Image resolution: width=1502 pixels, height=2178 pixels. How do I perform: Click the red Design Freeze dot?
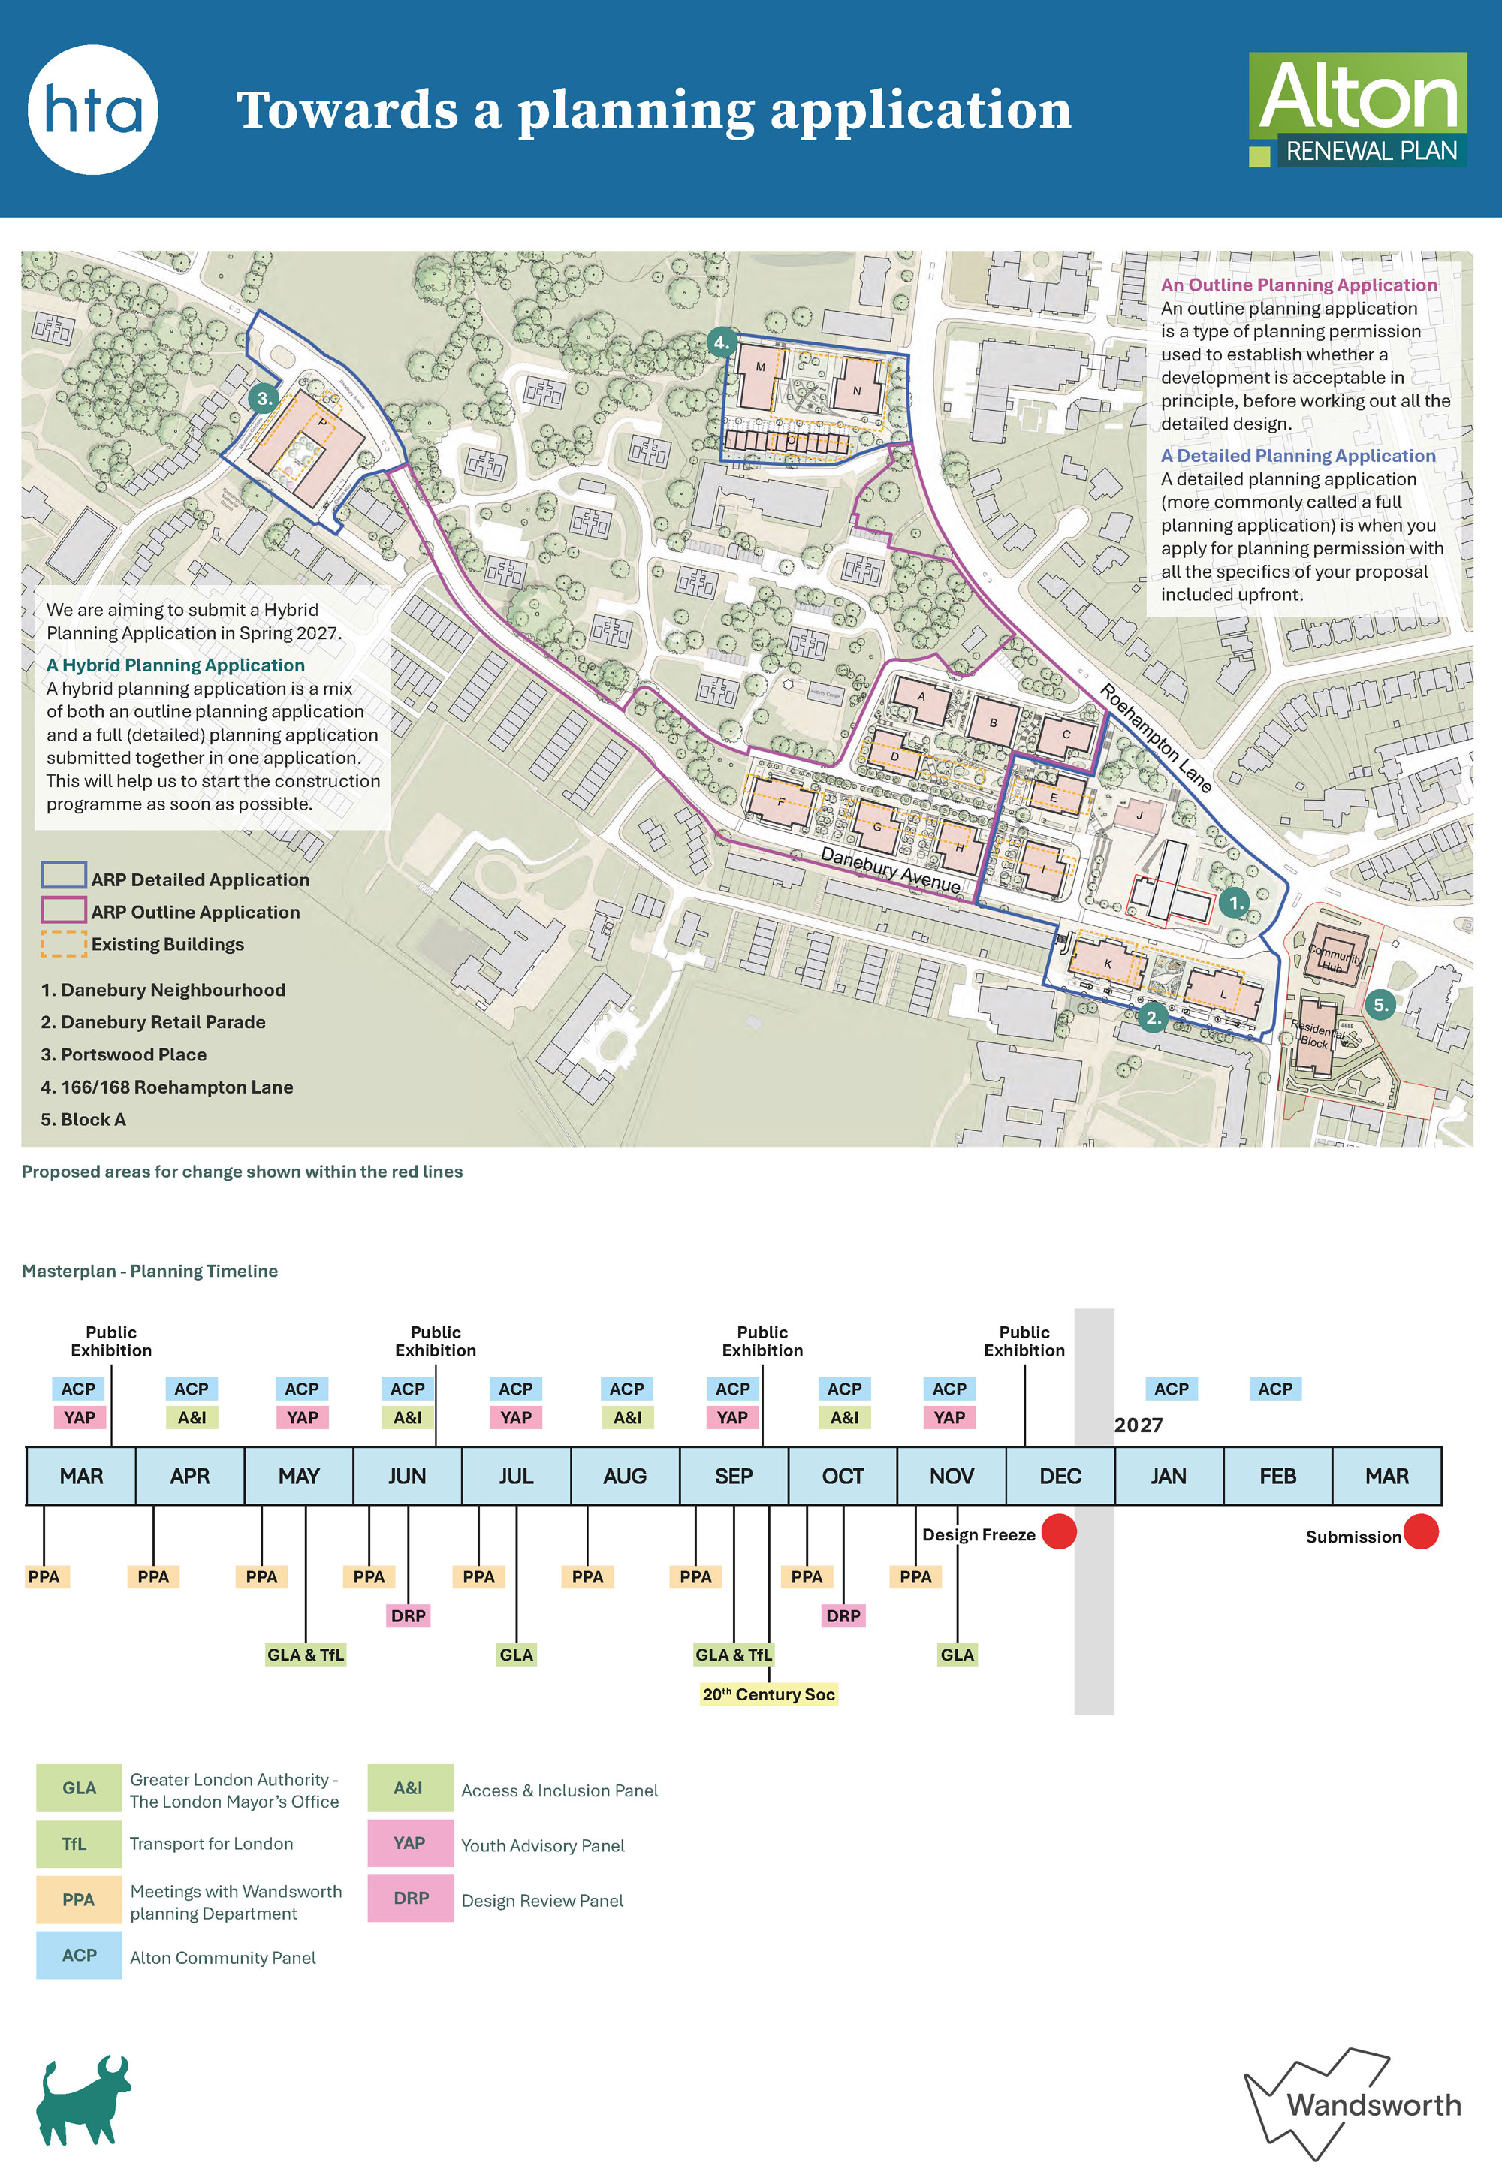[x=1059, y=1531]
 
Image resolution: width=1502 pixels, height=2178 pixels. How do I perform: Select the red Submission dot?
[x=1420, y=1531]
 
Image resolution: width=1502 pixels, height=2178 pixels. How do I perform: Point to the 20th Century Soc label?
[x=768, y=1694]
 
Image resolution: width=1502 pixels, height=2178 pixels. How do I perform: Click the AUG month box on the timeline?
[x=625, y=1476]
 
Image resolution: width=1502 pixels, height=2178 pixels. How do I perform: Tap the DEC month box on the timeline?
[x=1060, y=1476]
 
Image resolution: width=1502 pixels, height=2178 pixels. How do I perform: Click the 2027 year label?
[x=1138, y=1425]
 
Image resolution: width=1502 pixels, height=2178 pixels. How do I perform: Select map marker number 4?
[x=721, y=342]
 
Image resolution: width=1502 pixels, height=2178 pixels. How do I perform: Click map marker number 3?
[x=264, y=398]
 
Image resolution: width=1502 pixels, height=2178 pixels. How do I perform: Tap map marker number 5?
[x=1380, y=1005]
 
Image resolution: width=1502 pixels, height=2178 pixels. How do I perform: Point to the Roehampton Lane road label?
[x=1155, y=738]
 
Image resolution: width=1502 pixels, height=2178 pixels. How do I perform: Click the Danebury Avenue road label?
[x=890, y=870]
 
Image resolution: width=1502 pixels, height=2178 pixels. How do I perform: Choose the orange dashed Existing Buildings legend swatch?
[x=63, y=944]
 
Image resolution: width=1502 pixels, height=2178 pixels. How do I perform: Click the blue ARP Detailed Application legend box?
[x=63, y=876]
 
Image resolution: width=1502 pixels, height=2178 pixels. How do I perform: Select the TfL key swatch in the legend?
[x=78, y=1843]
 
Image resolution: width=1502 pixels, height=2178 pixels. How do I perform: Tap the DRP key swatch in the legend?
[x=410, y=1898]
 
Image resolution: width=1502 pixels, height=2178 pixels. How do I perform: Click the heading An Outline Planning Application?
[x=1298, y=285]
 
